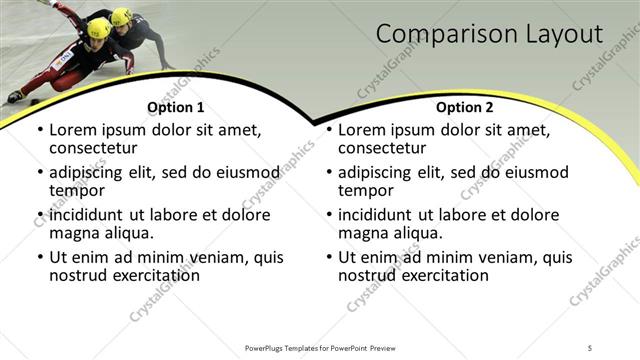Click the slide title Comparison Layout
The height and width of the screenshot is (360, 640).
pyautogui.click(x=490, y=35)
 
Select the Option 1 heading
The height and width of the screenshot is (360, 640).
pyautogui.click(x=176, y=107)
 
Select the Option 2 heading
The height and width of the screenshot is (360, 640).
pyautogui.click(x=465, y=107)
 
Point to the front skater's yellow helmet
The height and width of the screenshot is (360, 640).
pyautogui.click(x=99, y=27)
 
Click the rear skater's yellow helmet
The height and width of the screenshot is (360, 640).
pyautogui.click(x=122, y=16)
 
